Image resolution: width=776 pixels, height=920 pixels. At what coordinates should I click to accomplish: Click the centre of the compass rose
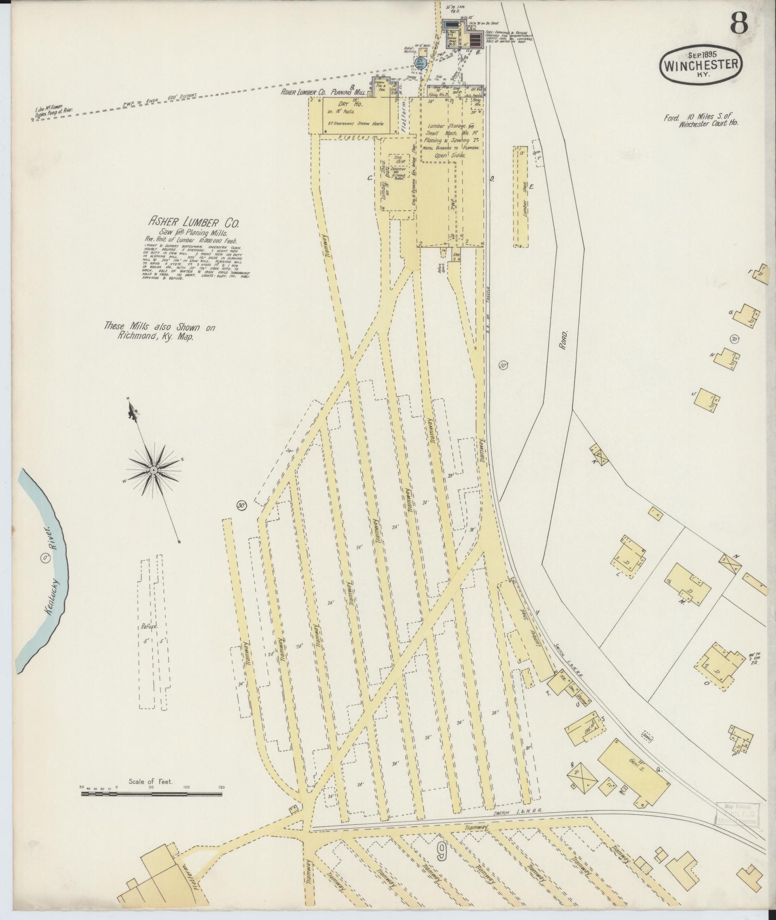[153, 469]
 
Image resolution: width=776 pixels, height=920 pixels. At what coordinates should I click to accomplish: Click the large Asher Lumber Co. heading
[193, 223]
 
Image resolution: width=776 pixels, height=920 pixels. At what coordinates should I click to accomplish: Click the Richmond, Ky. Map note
[160, 332]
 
